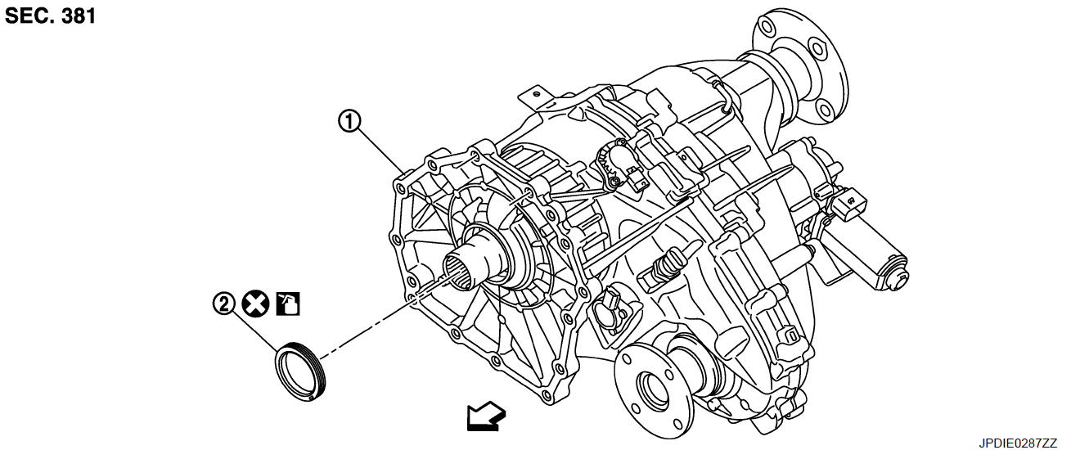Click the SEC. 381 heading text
pos(51,16)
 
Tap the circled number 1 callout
pos(350,123)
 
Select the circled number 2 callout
pos(223,304)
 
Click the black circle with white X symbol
pos(255,304)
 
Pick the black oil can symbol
pos(288,304)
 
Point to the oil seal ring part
pos(300,372)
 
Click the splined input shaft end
pos(458,270)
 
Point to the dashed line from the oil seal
pos(368,327)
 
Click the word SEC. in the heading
pos(29,16)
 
